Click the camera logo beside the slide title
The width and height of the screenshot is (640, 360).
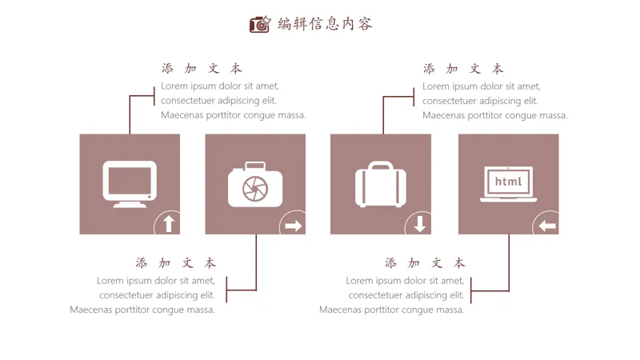[259, 24]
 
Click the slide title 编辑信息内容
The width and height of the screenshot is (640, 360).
[325, 24]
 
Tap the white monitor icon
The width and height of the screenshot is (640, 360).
[130, 183]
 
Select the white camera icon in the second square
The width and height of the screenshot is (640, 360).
[255, 186]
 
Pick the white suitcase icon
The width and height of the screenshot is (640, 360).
[381, 185]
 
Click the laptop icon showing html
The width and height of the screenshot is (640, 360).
[508, 184]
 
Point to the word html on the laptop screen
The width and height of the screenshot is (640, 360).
[508, 182]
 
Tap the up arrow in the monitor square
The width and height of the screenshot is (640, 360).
[169, 225]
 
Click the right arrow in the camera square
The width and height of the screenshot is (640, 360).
[294, 226]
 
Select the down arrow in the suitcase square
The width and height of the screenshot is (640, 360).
[420, 225]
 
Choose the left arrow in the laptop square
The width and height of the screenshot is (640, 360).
[547, 226]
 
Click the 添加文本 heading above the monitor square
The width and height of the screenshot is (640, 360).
[202, 69]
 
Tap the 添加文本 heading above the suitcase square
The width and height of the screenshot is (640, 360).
[463, 69]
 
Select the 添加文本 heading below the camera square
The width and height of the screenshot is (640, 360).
[176, 262]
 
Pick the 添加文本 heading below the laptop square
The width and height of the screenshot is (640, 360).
[425, 262]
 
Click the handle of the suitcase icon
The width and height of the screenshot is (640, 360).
[381, 166]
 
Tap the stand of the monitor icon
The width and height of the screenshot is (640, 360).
[130, 204]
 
